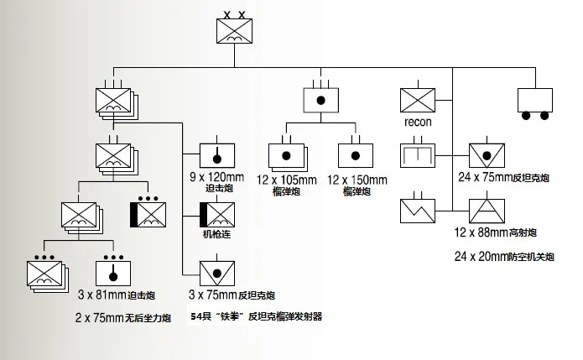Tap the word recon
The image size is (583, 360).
point(418,123)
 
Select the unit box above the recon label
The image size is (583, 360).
point(417,100)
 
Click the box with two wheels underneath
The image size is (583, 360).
point(536,102)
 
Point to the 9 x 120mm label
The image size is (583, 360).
point(217,176)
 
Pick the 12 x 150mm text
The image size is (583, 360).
point(357,180)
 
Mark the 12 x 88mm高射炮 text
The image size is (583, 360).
point(495,232)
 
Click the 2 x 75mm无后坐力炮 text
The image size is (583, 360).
point(123,318)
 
